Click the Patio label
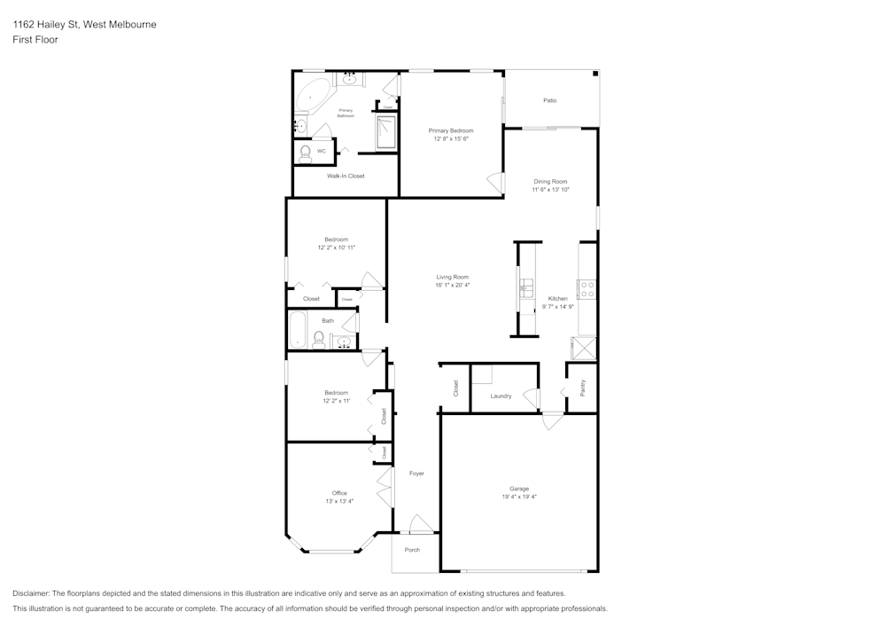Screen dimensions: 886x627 550,100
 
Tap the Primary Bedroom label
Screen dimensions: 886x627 451,130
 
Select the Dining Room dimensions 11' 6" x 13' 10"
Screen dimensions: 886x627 550,190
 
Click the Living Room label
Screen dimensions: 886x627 452,277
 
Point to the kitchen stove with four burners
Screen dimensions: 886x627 587,289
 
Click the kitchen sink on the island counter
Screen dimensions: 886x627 526,287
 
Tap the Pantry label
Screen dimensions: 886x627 583,388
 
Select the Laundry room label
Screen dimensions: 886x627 501,396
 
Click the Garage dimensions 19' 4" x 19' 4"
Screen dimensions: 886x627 519,497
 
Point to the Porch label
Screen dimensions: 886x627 412,550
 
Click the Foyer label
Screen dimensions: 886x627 416,474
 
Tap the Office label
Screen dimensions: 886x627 339,493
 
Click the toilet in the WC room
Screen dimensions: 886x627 306,154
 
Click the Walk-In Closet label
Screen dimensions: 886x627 346,176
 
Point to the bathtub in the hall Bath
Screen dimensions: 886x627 297,329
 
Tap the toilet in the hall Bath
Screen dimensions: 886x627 318,340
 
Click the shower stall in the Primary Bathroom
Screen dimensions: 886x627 386,132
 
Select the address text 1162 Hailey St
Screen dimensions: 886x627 46,24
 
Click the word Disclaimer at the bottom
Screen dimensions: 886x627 30,593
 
